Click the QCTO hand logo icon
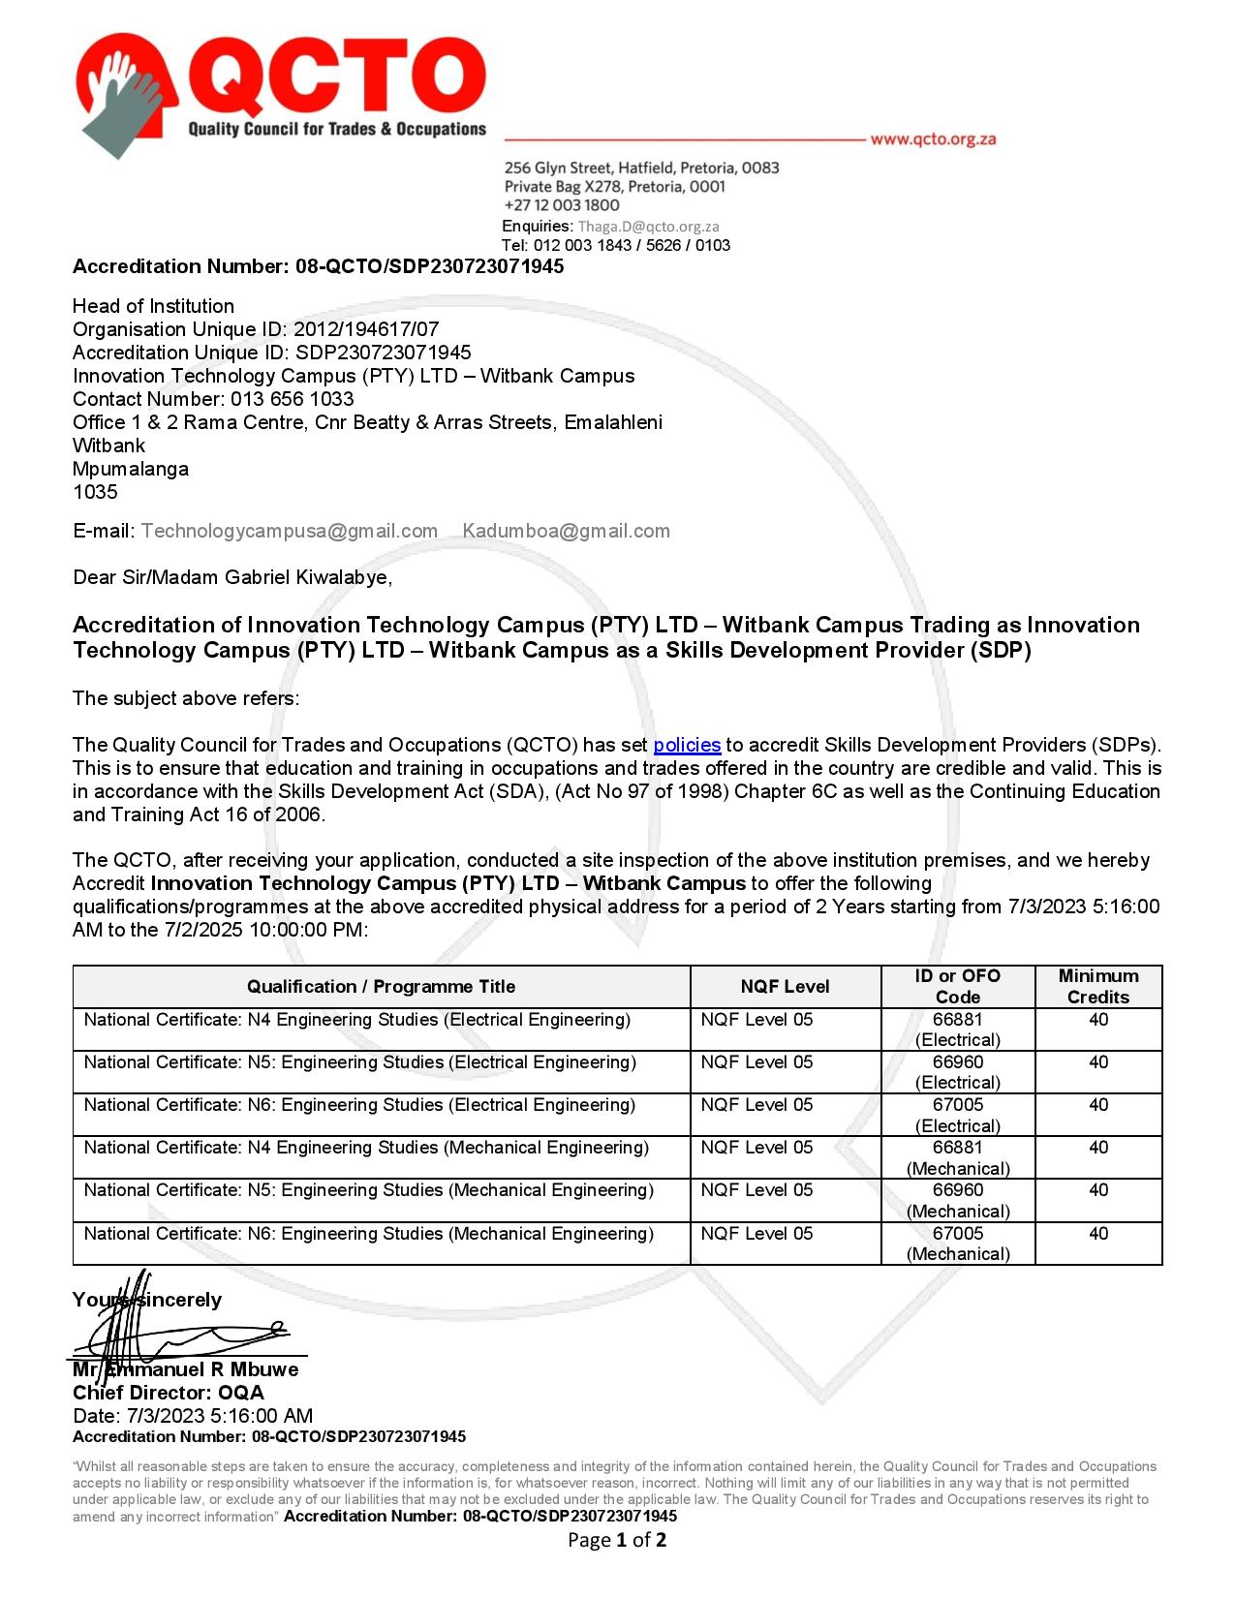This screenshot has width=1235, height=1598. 126,95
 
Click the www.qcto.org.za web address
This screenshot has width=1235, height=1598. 933,138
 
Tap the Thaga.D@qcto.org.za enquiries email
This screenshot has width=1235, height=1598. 648,226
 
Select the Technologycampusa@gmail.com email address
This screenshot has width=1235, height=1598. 289,531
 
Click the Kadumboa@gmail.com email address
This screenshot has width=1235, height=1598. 566,531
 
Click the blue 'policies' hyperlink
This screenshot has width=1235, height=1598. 687,745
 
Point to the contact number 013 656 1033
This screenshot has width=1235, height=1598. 292,399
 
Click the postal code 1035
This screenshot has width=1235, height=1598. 95,492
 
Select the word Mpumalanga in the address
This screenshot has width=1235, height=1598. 131,469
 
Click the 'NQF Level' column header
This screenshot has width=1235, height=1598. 785,987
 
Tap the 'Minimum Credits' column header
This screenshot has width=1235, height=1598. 1097,987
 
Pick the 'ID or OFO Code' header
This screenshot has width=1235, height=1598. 957,987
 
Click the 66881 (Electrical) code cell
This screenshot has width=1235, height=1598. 957,1029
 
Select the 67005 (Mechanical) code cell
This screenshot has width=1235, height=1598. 957,1244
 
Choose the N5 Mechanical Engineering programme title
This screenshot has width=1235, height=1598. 368,1190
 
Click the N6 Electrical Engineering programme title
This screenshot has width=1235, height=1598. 359,1105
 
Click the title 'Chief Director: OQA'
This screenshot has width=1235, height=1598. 168,1393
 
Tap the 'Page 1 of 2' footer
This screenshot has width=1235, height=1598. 616,1540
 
